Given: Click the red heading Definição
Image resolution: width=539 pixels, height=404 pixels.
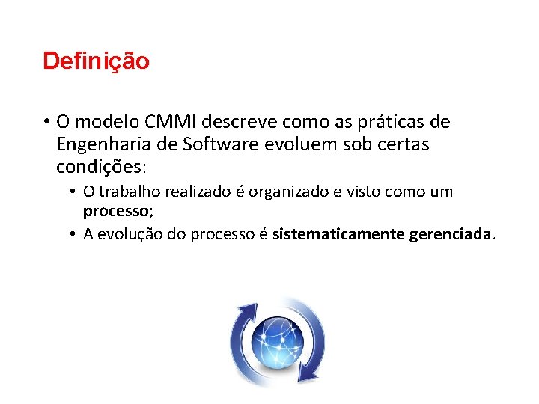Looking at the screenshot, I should coord(96,61).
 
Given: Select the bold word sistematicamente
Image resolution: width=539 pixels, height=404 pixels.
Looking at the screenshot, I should coord(338,235).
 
